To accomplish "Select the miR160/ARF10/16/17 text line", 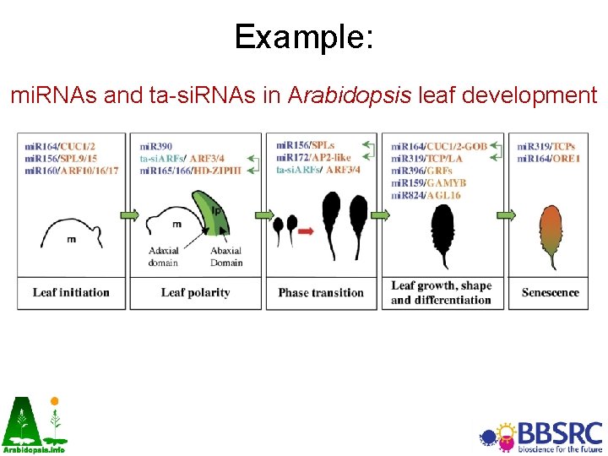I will (x=72, y=170).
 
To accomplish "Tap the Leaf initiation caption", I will (x=71, y=293).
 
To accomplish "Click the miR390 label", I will (x=155, y=146).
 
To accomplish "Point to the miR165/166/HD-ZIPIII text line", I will (x=190, y=170).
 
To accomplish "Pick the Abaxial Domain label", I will (x=225, y=257).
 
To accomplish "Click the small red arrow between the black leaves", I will (x=305, y=231).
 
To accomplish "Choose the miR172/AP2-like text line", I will (x=313, y=157).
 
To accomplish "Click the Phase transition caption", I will (x=321, y=293).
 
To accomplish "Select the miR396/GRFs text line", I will (x=421, y=170).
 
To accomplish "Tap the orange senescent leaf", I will (x=552, y=236).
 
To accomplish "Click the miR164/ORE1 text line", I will (x=549, y=158).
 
